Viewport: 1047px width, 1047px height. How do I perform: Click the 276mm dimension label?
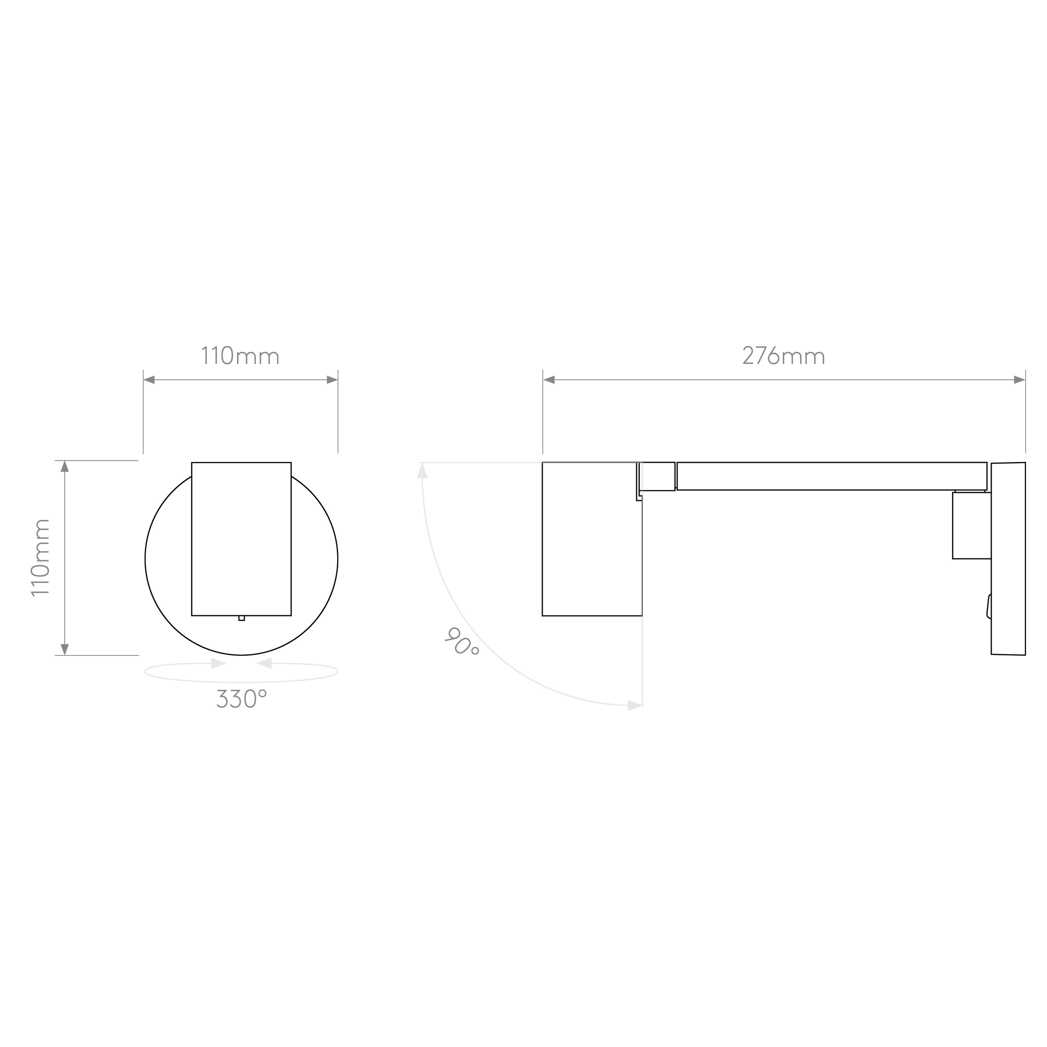[784, 355]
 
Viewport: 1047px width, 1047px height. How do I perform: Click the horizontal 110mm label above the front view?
[241, 355]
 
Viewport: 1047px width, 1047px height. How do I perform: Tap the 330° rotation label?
[242, 699]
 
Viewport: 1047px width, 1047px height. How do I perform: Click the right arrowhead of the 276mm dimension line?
[1019, 380]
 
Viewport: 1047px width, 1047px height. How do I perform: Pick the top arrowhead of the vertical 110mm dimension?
[64, 466]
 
